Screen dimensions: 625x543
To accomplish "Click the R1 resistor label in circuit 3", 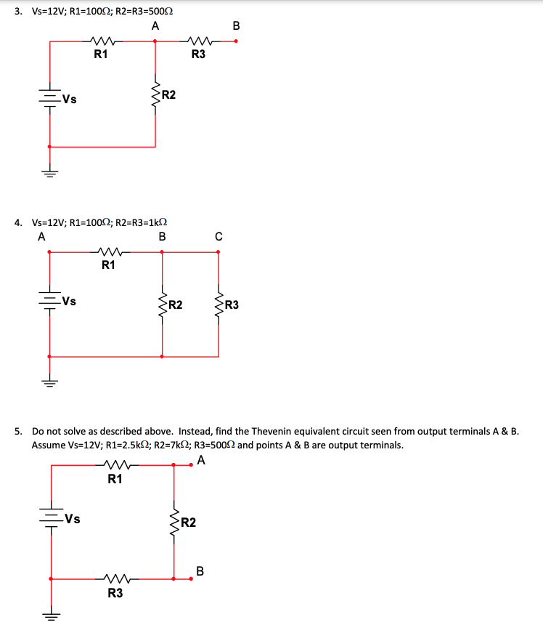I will point(102,53).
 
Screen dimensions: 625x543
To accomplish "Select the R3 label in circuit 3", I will point(198,53).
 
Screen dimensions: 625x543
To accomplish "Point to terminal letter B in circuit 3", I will point(235,27).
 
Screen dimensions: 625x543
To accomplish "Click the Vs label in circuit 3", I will point(70,100).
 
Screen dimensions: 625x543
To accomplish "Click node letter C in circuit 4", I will point(219,236).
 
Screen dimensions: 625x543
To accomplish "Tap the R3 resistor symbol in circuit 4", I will point(219,304).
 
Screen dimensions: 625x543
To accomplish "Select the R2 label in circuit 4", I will point(175,305).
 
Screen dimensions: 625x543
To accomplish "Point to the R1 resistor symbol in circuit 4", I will point(107,252).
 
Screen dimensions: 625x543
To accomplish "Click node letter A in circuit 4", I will point(41,236).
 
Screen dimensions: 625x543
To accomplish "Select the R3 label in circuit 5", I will point(115,593).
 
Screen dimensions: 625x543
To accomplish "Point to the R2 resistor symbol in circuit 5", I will point(173,522).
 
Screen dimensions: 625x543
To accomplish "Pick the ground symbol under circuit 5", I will point(50,616).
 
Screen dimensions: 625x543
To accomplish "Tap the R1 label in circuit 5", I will point(115,479).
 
